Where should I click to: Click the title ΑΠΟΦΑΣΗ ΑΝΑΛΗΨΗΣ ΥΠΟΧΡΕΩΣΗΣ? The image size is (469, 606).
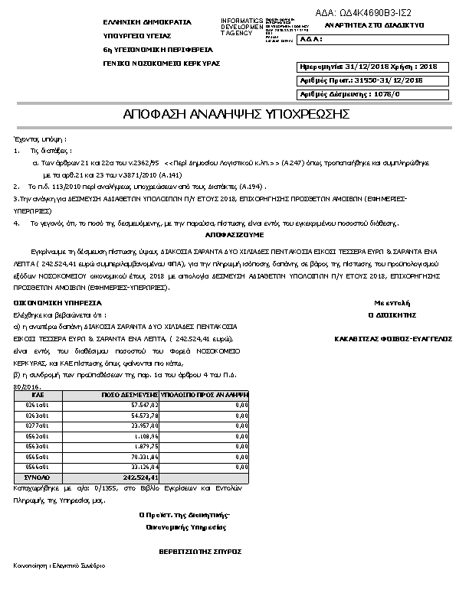click(237, 114)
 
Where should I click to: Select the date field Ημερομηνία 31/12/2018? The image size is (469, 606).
click(366, 67)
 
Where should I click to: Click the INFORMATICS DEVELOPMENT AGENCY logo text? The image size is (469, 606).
click(241, 27)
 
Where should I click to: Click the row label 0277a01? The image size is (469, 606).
click(38, 425)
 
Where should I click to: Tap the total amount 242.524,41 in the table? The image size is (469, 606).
click(143, 477)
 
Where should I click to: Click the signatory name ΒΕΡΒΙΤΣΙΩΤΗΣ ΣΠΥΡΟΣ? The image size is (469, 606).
click(200, 550)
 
